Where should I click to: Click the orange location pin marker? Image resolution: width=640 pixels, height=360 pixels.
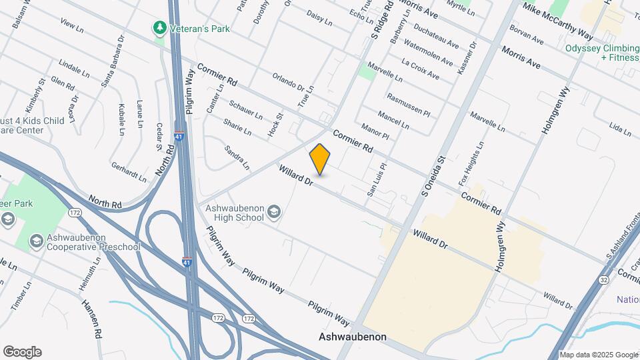[320, 159]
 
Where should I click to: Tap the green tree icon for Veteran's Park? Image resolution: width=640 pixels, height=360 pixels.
[159, 27]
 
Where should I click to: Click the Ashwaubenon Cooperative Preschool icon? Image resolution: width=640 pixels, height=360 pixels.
[37, 239]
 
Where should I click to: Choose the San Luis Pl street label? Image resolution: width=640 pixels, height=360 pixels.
[377, 180]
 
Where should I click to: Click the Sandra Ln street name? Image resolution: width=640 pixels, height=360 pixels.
[237, 157]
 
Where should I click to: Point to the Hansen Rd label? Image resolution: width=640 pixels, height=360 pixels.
[91, 317]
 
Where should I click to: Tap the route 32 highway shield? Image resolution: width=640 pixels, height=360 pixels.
[603, 278]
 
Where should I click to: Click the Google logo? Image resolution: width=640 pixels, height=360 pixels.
[22, 351]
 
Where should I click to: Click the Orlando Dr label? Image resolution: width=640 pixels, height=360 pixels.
[288, 83]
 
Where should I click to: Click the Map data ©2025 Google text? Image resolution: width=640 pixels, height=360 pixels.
[598, 355]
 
